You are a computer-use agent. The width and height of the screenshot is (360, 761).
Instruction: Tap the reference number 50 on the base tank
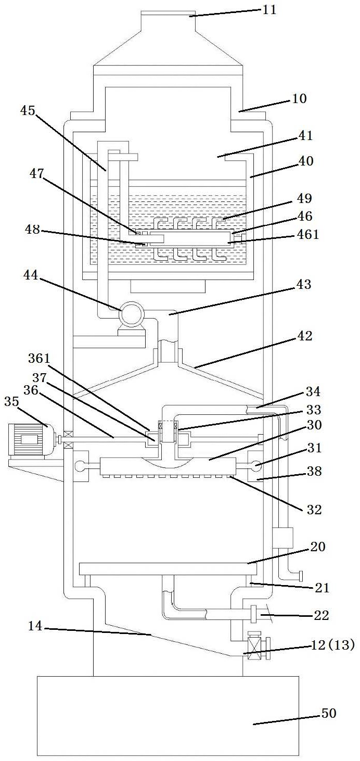pos(328,713)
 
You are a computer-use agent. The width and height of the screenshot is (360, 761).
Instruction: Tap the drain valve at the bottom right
pos(254,646)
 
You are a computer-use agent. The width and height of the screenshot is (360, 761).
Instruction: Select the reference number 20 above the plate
pos(318,547)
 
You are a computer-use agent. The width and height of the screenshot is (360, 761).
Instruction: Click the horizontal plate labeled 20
pos(164,568)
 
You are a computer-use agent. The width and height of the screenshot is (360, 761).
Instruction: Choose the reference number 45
pos(29,110)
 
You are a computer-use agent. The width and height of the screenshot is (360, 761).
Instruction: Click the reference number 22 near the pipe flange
pos(322,615)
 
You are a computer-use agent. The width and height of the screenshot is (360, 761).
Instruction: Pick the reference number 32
pos(314,510)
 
